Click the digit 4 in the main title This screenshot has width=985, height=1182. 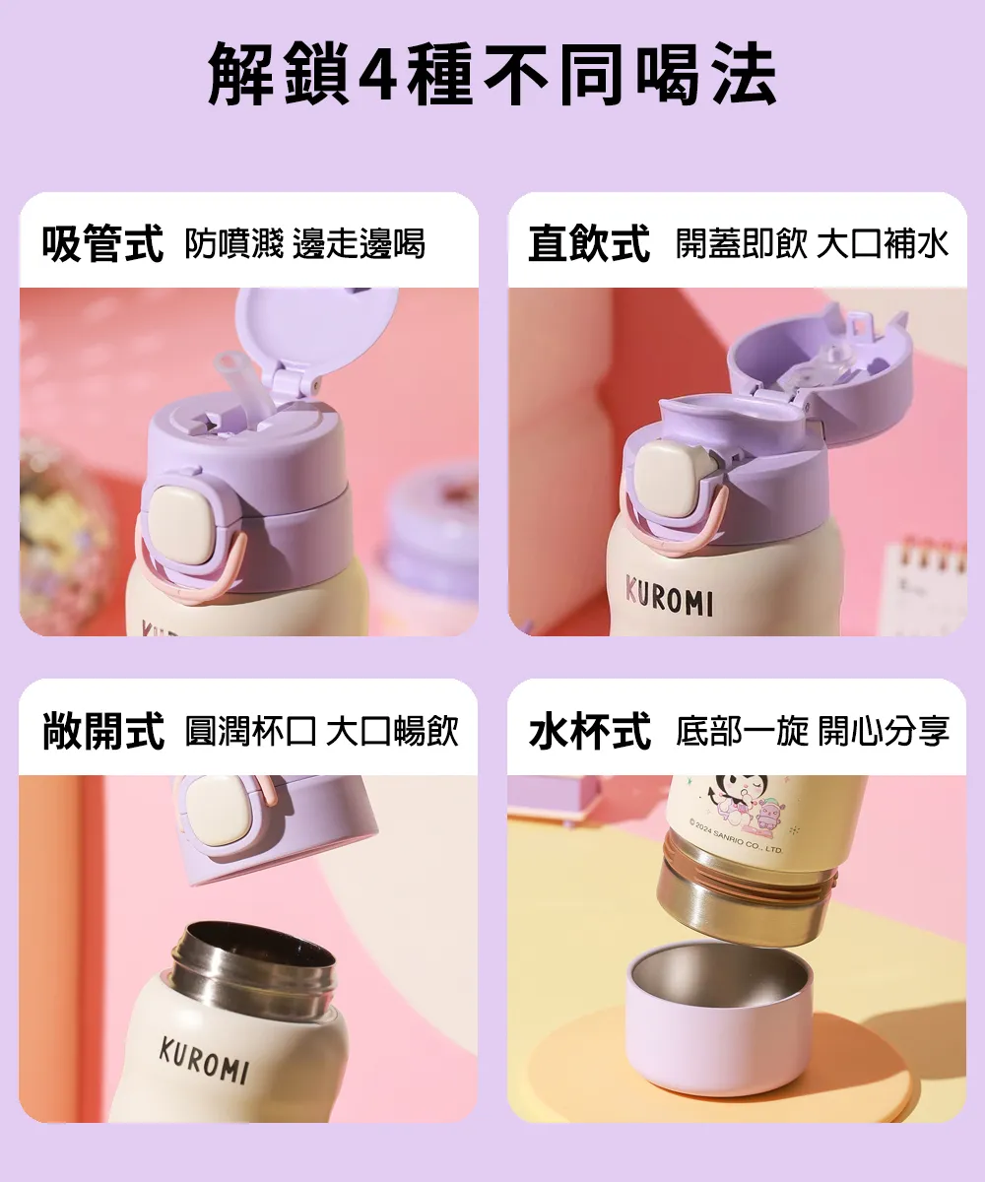[380, 75]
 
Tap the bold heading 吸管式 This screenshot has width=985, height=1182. [102, 244]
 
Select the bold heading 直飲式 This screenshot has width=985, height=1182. [589, 244]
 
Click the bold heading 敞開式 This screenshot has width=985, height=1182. [102, 731]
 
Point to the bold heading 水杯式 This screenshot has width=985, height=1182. [589, 731]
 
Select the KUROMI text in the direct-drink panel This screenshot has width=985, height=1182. [669, 595]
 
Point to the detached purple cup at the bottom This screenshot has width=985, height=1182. [719, 1019]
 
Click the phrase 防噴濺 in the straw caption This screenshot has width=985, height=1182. [233, 244]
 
